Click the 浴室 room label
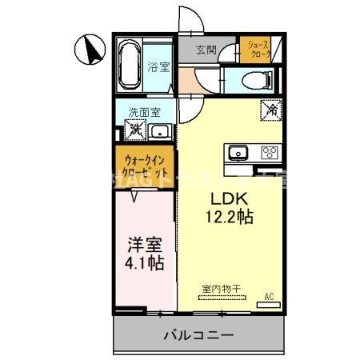pos(158,67)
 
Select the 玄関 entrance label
pos(206,50)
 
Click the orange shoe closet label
pos(258,50)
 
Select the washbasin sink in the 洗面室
pos(159,131)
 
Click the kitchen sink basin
pos(238,153)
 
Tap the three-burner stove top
pos(268,153)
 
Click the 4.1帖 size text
pos(143,262)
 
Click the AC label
pos(269,297)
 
